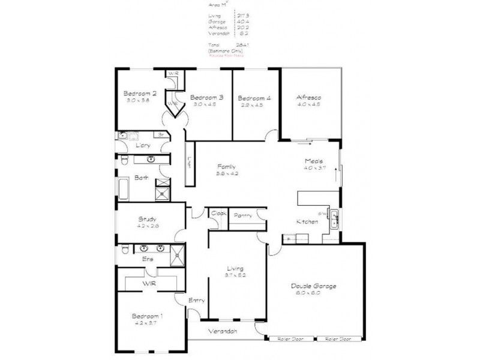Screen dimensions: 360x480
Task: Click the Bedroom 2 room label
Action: tap(140, 94)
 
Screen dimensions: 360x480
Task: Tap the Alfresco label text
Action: tap(309, 97)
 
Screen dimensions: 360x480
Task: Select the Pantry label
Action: tap(243, 215)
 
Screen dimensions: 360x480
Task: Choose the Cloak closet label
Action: tap(216, 212)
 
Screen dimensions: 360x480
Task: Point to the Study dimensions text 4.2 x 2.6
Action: tap(147, 226)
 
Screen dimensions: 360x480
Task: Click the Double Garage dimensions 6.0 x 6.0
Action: tap(314, 294)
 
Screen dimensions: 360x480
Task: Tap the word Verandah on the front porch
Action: tap(222, 331)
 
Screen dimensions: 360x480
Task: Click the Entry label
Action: tap(196, 301)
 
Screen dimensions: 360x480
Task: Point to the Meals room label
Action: tap(313, 161)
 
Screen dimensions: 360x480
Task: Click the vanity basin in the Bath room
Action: tap(150, 160)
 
